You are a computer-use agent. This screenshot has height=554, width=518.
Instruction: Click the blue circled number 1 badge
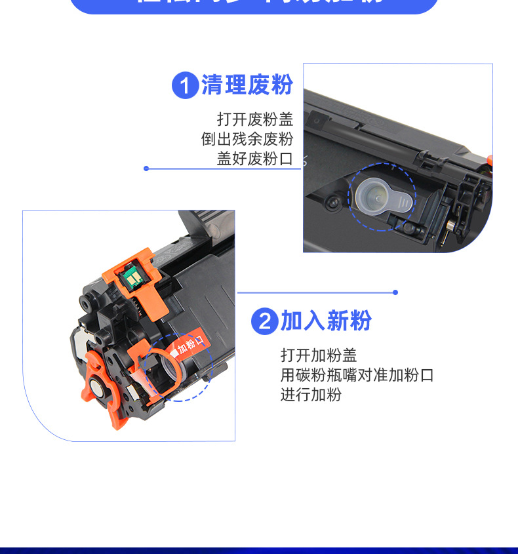coord(185,86)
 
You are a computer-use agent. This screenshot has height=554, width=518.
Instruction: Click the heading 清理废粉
coord(247,85)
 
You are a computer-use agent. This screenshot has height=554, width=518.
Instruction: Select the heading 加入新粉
coord(326,321)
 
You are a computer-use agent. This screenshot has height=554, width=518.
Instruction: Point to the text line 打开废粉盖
coord(255,119)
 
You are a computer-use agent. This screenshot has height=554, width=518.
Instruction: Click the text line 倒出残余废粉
coord(247,139)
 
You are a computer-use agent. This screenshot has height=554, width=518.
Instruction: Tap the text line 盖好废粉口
coord(255,159)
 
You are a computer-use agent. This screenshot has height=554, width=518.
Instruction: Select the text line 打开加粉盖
coord(319,355)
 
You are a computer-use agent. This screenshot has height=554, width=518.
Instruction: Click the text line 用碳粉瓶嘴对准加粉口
coord(357,375)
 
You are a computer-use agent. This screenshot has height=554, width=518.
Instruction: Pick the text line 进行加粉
coord(311,395)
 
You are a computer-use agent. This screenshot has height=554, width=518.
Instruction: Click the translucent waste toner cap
coord(384,195)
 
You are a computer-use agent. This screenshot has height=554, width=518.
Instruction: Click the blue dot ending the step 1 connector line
coord(146,168)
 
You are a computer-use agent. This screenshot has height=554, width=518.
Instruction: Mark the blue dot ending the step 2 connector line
coord(395,292)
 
